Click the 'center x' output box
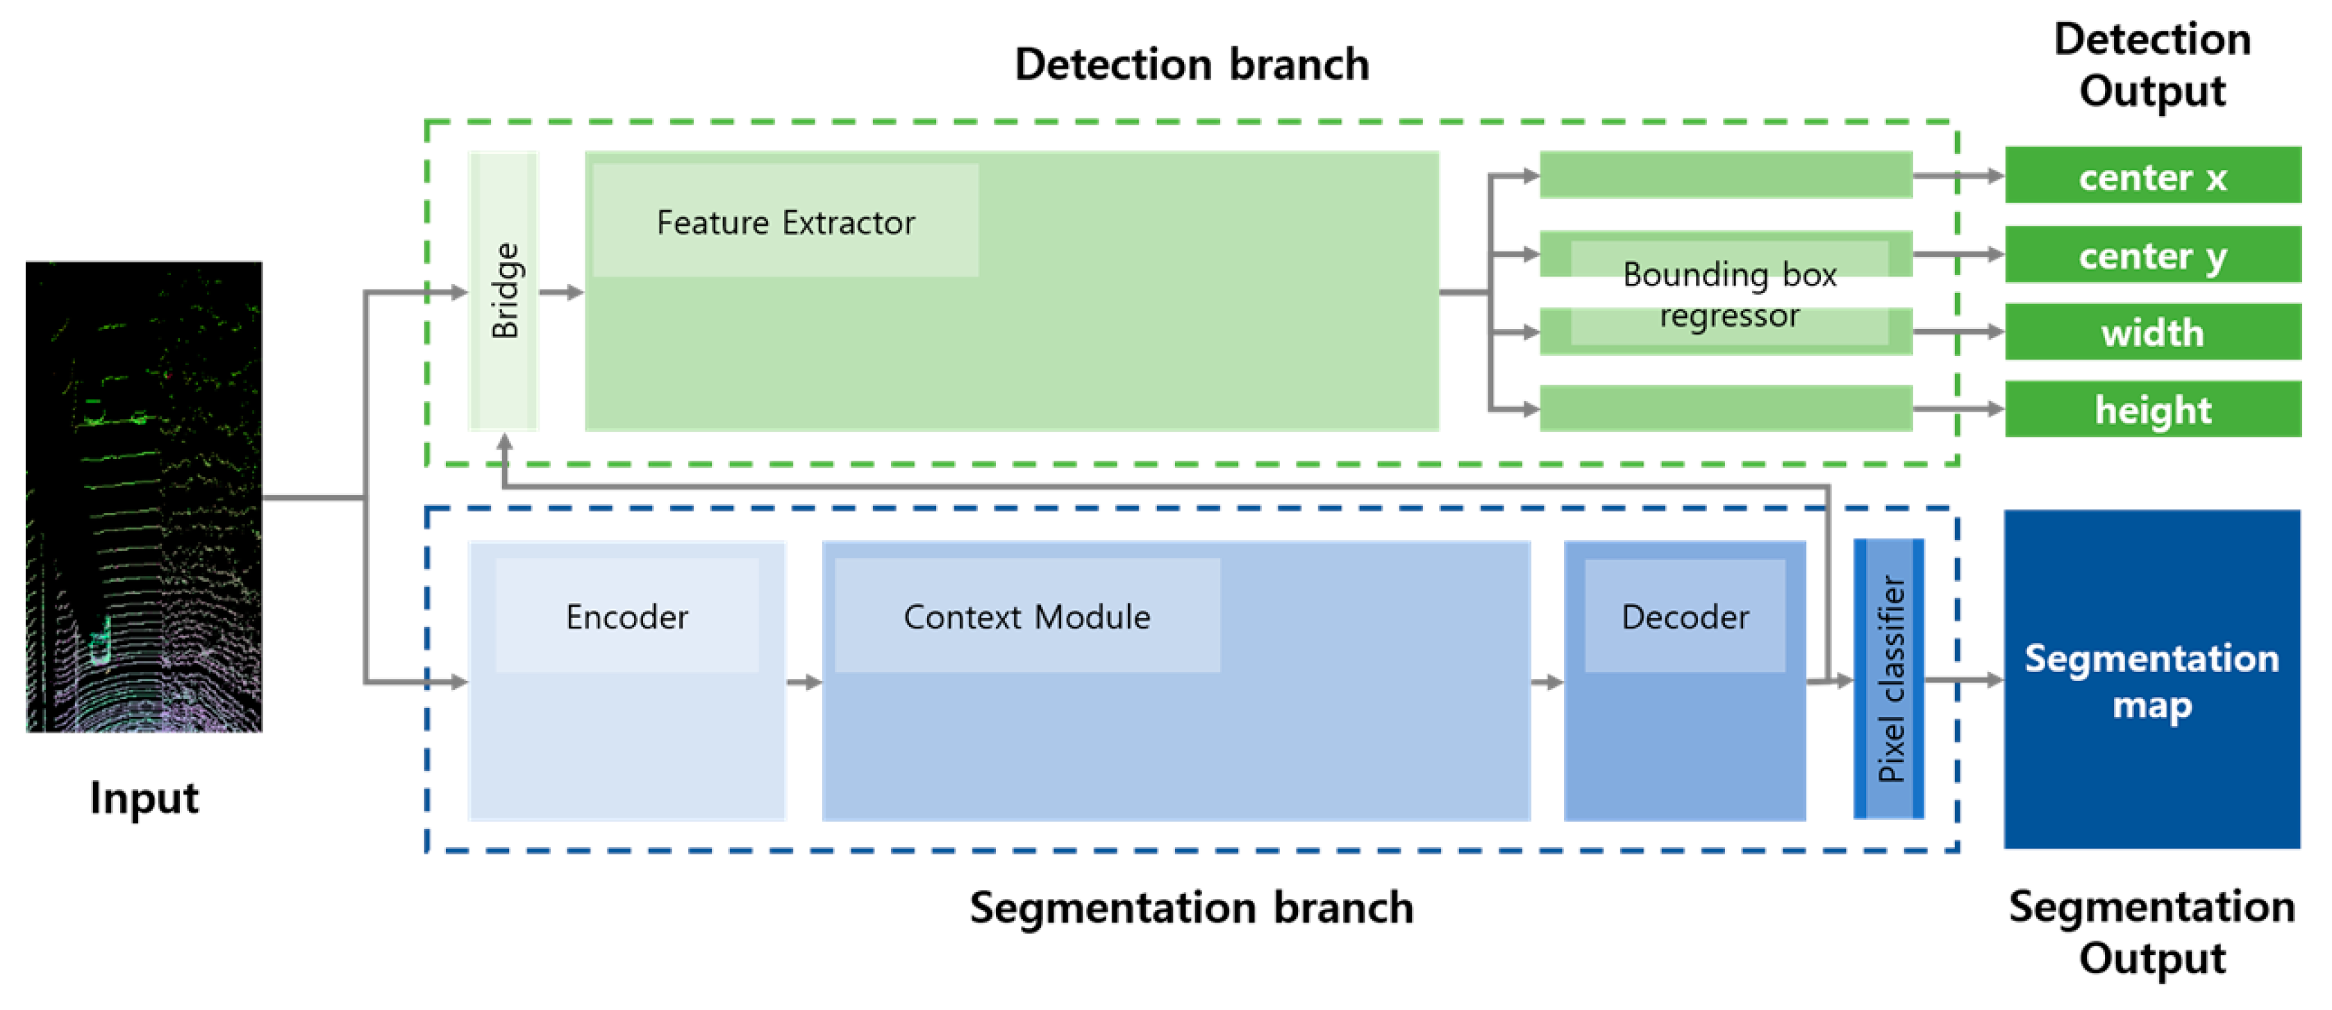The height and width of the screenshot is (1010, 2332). tap(2153, 176)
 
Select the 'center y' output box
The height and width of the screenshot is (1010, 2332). tap(2153, 254)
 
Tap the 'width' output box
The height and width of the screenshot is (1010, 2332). tap(2153, 332)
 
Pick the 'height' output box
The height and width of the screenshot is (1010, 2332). tap(2153, 409)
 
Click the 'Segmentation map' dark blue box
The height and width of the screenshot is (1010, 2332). tap(2152, 679)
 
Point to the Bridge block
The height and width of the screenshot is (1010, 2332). tap(504, 291)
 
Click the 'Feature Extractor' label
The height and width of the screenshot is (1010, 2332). tap(786, 221)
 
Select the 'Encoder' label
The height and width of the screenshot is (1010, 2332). tap(626, 616)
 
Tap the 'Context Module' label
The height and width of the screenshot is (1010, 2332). tap(1026, 616)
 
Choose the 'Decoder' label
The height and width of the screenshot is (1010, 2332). tap(1685, 616)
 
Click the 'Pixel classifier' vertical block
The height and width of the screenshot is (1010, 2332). tap(1890, 679)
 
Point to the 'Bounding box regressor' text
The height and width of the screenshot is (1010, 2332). tap(1729, 294)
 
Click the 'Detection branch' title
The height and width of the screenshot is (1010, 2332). tap(1192, 65)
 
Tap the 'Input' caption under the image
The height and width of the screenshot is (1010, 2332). tap(144, 799)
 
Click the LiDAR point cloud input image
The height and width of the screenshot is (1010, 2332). tap(144, 497)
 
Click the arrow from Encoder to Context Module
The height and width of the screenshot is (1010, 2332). tap(804, 682)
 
